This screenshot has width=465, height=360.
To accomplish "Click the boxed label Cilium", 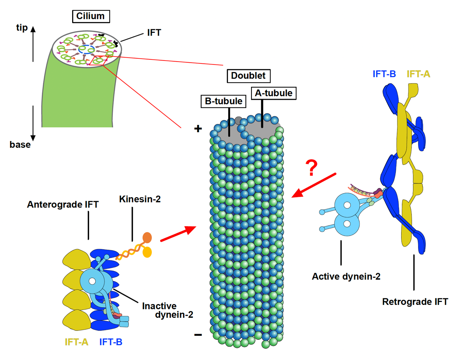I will point(91,16).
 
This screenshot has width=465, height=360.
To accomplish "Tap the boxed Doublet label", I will point(248,76).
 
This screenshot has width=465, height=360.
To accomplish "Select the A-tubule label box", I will point(273,93).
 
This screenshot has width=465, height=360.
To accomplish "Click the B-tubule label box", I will point(223,101).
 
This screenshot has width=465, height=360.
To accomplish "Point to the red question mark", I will point(311,168).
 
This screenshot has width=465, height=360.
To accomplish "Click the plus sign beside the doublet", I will point(198,129).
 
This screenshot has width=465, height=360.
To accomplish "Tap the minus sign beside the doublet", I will point(198,335).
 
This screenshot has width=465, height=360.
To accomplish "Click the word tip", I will point(22,28).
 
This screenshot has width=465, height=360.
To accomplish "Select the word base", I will point(20,145).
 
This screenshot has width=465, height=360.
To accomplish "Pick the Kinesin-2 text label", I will point(140,199).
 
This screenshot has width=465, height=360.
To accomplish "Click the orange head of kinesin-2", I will point(147,237).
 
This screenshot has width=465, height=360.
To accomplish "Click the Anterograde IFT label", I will point(63,205).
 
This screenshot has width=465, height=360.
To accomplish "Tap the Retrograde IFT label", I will point(415,302).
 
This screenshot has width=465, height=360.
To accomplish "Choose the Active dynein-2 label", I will point(346,276).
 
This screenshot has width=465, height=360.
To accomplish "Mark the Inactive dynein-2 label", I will point(167,310).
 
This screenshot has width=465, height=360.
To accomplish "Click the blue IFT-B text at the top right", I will point(384,74).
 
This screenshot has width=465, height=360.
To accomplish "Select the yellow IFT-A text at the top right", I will point(418,74).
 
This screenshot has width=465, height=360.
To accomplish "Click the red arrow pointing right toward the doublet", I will point(178,234).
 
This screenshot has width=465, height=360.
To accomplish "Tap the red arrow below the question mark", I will point(313,186).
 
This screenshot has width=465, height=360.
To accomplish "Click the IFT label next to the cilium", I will point(154,33).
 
